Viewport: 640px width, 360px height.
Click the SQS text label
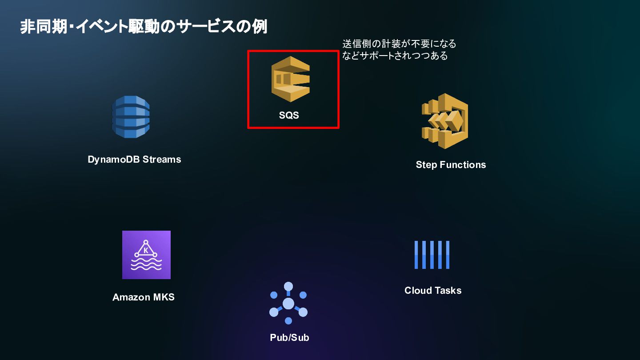[x=289, y=116]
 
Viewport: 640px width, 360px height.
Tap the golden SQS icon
[x=290, y=79]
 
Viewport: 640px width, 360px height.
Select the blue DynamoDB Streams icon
[x=131, y=117]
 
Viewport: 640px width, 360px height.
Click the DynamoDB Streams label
[x=134, y=160]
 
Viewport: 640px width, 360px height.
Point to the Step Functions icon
[x=445, y=121]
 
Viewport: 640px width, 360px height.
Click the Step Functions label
[x=451, y=165]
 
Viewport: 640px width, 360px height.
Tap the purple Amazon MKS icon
[x=146, y=255]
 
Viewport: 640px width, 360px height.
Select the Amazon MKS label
[x=144, y=297]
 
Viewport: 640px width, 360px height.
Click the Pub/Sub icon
[x=288, y=303]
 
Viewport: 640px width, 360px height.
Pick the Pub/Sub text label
[x=289, y=338]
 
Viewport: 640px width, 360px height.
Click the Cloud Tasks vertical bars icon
[x=432, y=255]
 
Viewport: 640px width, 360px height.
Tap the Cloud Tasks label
[x=433, y=291]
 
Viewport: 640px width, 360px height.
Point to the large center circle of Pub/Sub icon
[x=288, y=304]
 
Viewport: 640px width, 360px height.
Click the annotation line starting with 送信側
[x=399, y=44]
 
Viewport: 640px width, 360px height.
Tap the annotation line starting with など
[x=395, y=56]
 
